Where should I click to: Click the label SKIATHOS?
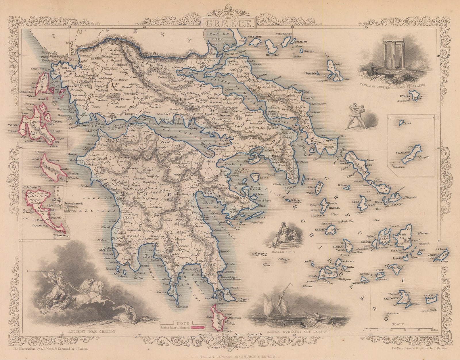pyautogui.click(x=261, y=37)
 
